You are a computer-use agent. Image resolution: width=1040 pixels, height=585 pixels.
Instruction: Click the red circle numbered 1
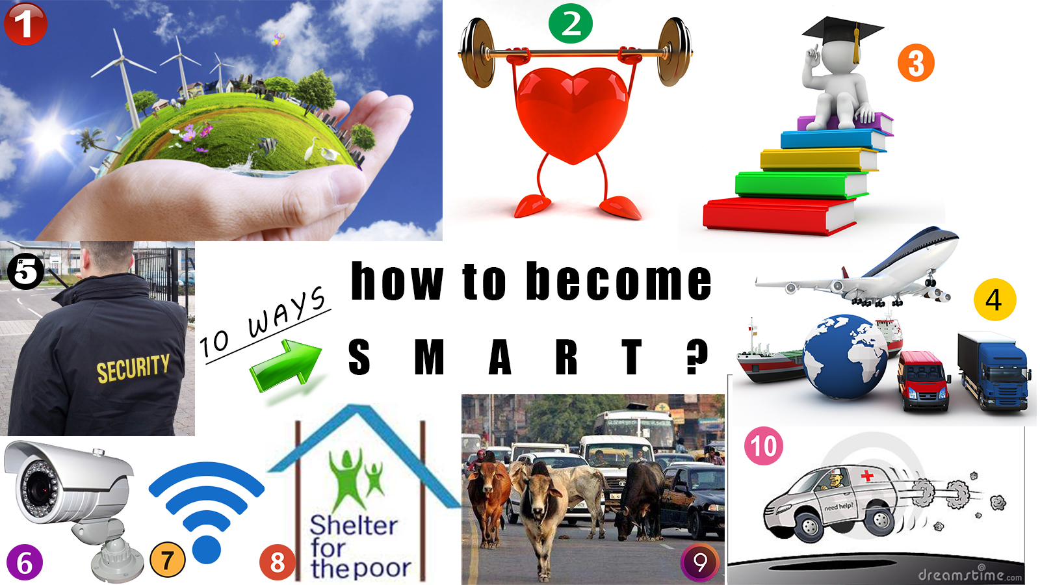click(25, 23)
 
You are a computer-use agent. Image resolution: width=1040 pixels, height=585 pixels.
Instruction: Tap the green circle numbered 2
click(571, 23)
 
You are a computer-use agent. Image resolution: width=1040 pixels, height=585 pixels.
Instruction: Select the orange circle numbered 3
click(916, 62)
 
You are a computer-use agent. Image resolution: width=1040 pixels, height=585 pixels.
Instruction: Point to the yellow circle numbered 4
click(995, 300)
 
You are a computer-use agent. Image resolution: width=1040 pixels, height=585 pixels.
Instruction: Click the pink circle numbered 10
click(764, 446)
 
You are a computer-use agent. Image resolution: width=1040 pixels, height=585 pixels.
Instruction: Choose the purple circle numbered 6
click(25, 562)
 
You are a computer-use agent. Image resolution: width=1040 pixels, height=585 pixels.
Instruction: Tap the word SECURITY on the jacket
click(133, 368)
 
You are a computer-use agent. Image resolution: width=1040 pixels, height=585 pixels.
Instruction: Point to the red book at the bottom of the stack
click(780, 216)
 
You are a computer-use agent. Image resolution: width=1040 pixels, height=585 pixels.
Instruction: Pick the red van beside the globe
click(924, 381)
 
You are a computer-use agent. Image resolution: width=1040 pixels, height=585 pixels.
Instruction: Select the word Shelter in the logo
click(354, 526)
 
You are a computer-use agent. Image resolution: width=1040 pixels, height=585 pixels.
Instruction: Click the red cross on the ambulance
click(867, 475)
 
